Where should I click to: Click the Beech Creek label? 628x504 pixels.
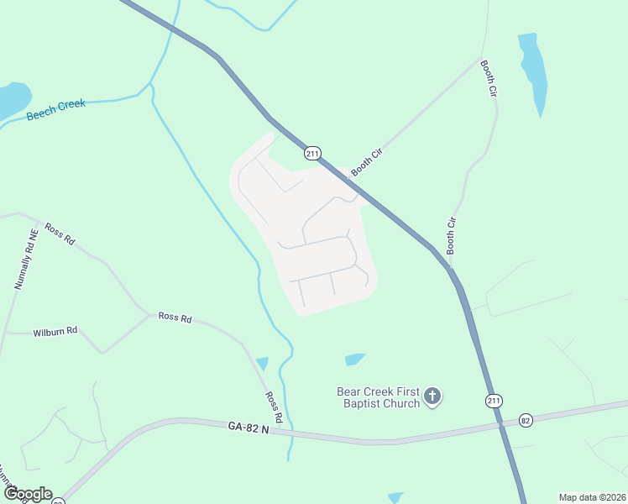(x=56, y=109)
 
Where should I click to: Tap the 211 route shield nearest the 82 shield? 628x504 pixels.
(x=495, y=401)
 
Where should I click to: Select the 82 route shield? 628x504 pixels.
(x=526, y=419)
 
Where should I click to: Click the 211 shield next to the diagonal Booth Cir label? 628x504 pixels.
(x=312, y=154)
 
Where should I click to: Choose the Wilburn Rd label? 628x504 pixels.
(x=55, y=332)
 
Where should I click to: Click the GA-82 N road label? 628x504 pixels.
(x=248, y=428)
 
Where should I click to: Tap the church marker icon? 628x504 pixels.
(x=432, y=396)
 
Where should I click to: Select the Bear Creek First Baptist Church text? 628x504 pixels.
(x=378, y=397)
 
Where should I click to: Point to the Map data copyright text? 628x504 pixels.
(x=592, y=497)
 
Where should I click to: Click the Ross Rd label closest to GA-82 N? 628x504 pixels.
(x=274, y=407)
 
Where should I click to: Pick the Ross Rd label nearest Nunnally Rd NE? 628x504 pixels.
(x=60, y=234)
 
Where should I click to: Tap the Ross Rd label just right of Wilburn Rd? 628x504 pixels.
(x=175, y=318)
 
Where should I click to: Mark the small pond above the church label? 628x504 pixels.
(x=354, y=360)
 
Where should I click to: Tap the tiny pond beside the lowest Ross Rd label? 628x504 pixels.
(x=262, y=364)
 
